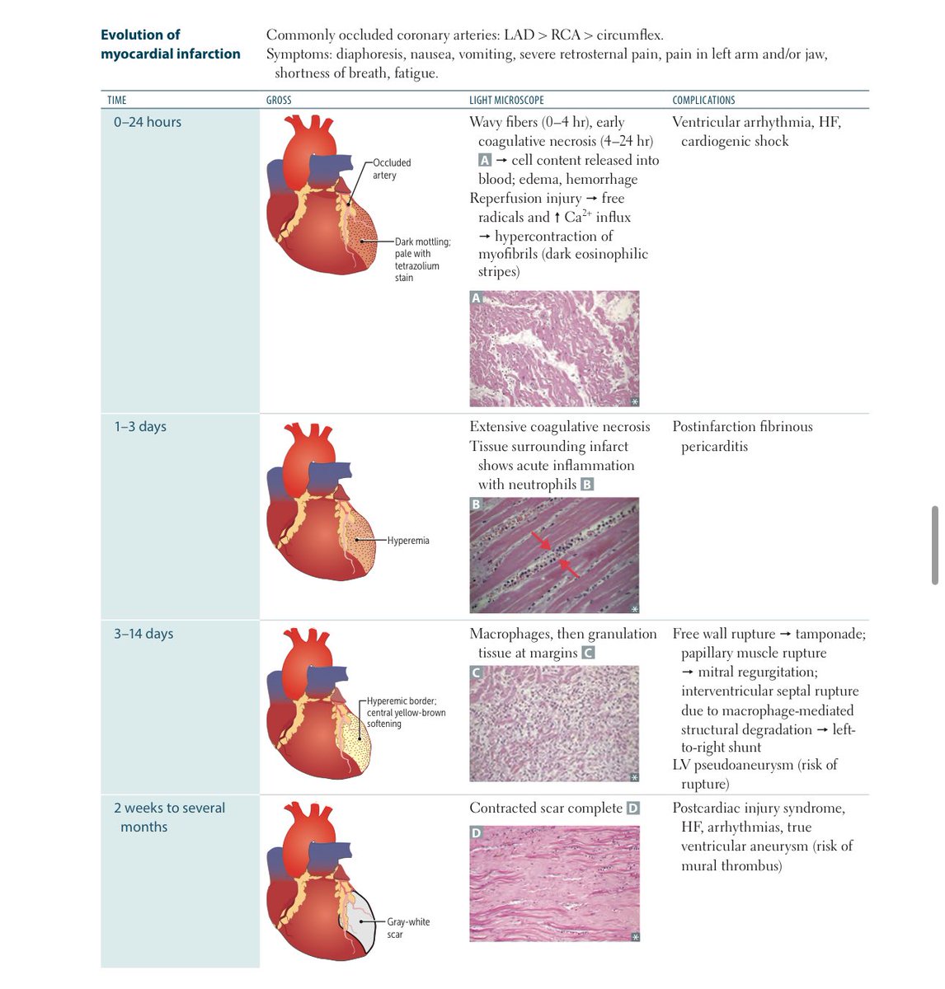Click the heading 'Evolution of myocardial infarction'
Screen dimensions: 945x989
(170, 45)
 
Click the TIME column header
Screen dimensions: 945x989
(117, 100)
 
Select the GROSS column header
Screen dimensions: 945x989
(279, 100)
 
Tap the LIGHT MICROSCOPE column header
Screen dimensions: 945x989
(506, 100)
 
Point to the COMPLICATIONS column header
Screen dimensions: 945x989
(703, 100)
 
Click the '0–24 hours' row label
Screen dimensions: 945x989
(148, 122)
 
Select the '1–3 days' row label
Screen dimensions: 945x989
(140, 427)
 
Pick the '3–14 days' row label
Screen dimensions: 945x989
(143, 634)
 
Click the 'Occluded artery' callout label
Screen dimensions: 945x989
(391, 169)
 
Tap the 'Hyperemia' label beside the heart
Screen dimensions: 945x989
(408, 541)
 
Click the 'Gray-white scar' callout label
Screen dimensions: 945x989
(407, 928)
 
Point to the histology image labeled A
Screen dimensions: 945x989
(554, 349)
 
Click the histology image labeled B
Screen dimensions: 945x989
(554, 555)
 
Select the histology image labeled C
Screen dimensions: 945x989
(554, 724)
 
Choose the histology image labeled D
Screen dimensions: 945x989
(554, 884)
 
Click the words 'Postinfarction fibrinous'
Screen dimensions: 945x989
(742, 427)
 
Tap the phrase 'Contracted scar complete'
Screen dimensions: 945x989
(546, 809)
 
